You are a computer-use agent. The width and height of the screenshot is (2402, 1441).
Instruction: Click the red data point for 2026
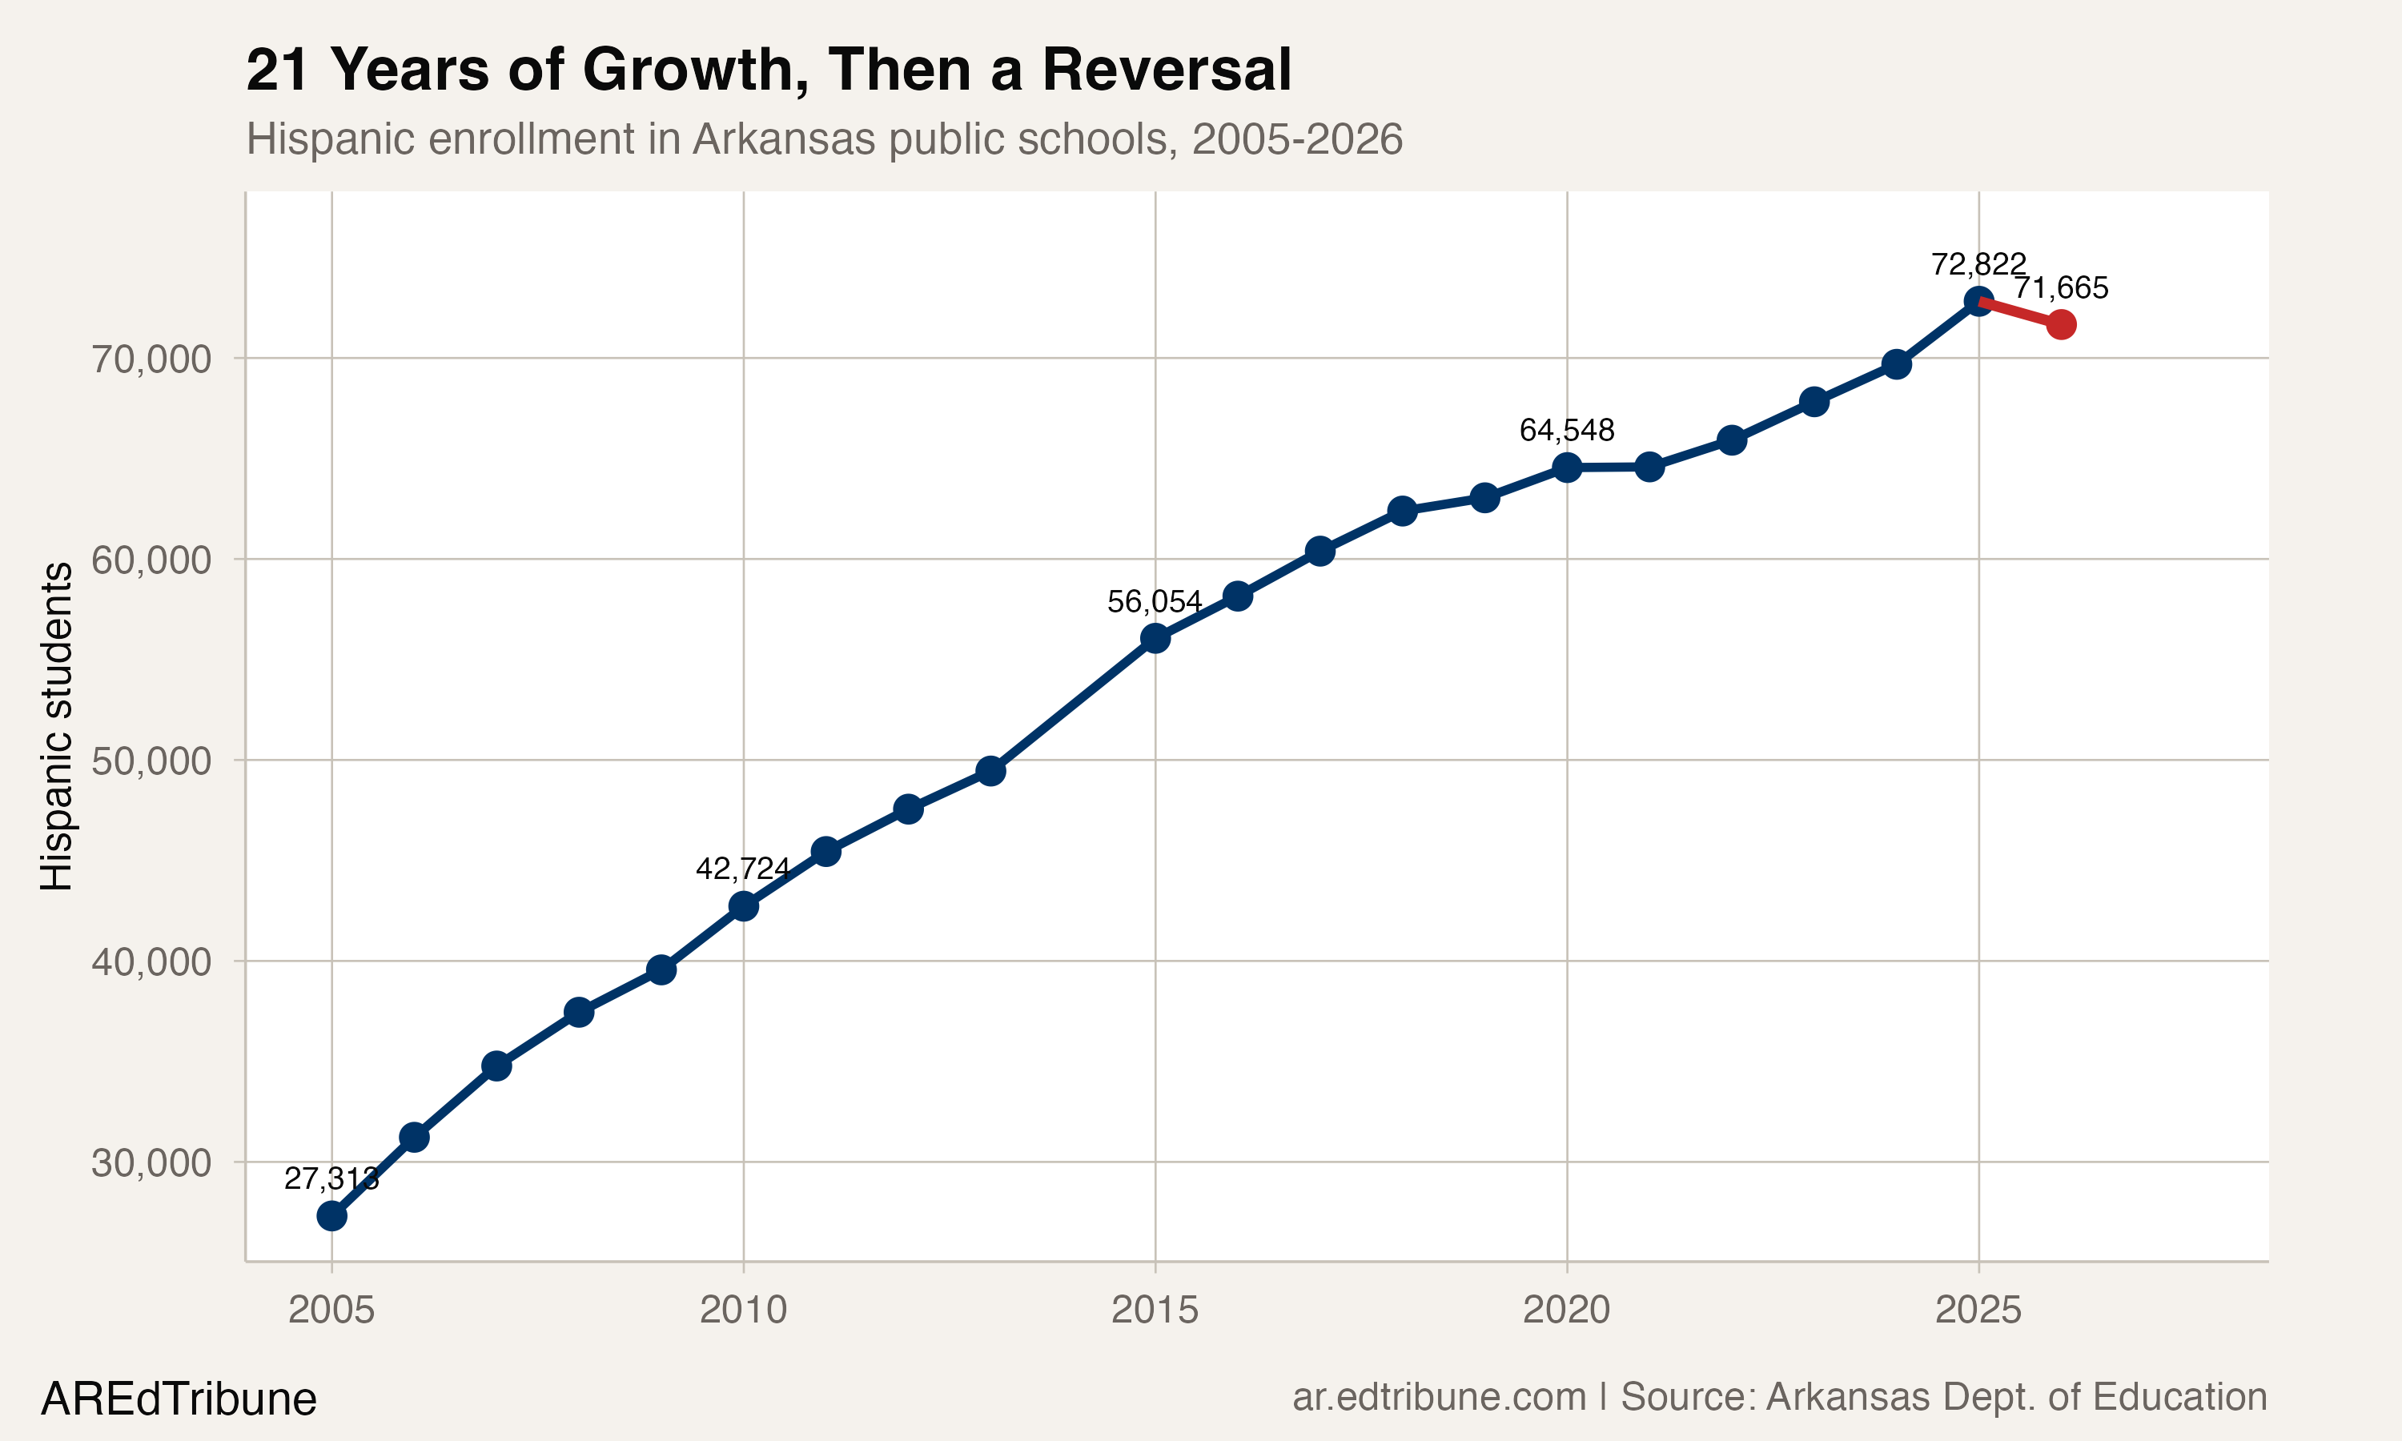pyautogui.click(x=2060, y=324)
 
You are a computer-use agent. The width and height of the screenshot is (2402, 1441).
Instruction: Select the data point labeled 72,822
pyautogui.click(x=1978, y=301)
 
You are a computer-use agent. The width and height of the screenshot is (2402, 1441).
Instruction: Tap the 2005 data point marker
pyautogui.click(x=332, y=1216)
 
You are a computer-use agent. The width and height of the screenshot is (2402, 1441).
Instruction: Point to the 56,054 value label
pyautogui.click(x=1155, y=602)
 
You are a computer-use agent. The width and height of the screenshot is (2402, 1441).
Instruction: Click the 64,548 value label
pyautogui.click(x=1566, y=430)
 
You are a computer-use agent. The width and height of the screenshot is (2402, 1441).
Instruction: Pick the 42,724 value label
pyautogui.click(x=743, y=868)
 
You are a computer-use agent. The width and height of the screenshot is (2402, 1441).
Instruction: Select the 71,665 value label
pyautogui.click(x=2060, y=287)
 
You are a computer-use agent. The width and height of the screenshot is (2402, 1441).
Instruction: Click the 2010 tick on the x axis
pyautogui.click(x=743, y=1310)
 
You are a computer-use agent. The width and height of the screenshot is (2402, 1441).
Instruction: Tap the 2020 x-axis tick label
pyautogui.click(x=1566, y=1310)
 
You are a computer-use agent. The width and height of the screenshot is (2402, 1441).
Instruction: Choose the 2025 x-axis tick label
pyautogui.click(x=1978, y=1310)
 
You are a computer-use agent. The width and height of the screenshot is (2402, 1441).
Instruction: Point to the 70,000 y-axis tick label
pyautogui.click(x=151, y=359)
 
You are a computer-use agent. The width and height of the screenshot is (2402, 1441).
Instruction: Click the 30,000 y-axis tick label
pyautogui.click(x=151, y=1162)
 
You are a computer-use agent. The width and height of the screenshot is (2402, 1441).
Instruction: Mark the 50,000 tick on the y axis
pyautogui.click(x=151, y=761)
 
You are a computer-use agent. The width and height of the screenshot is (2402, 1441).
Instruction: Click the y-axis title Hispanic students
pyautogui.click(x=56, y=725)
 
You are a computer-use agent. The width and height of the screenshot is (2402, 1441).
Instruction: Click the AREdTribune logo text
pyautogui.click(x=179, y=1399)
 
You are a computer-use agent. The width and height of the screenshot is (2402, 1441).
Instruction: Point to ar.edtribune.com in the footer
pyautogui.click(x=1438, y=1397)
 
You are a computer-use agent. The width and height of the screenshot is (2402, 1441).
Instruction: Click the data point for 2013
pyautogui.click(x=990, y=771)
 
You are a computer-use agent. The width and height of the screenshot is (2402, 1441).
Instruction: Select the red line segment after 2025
pyautogui.click(x=2019, y=313)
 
